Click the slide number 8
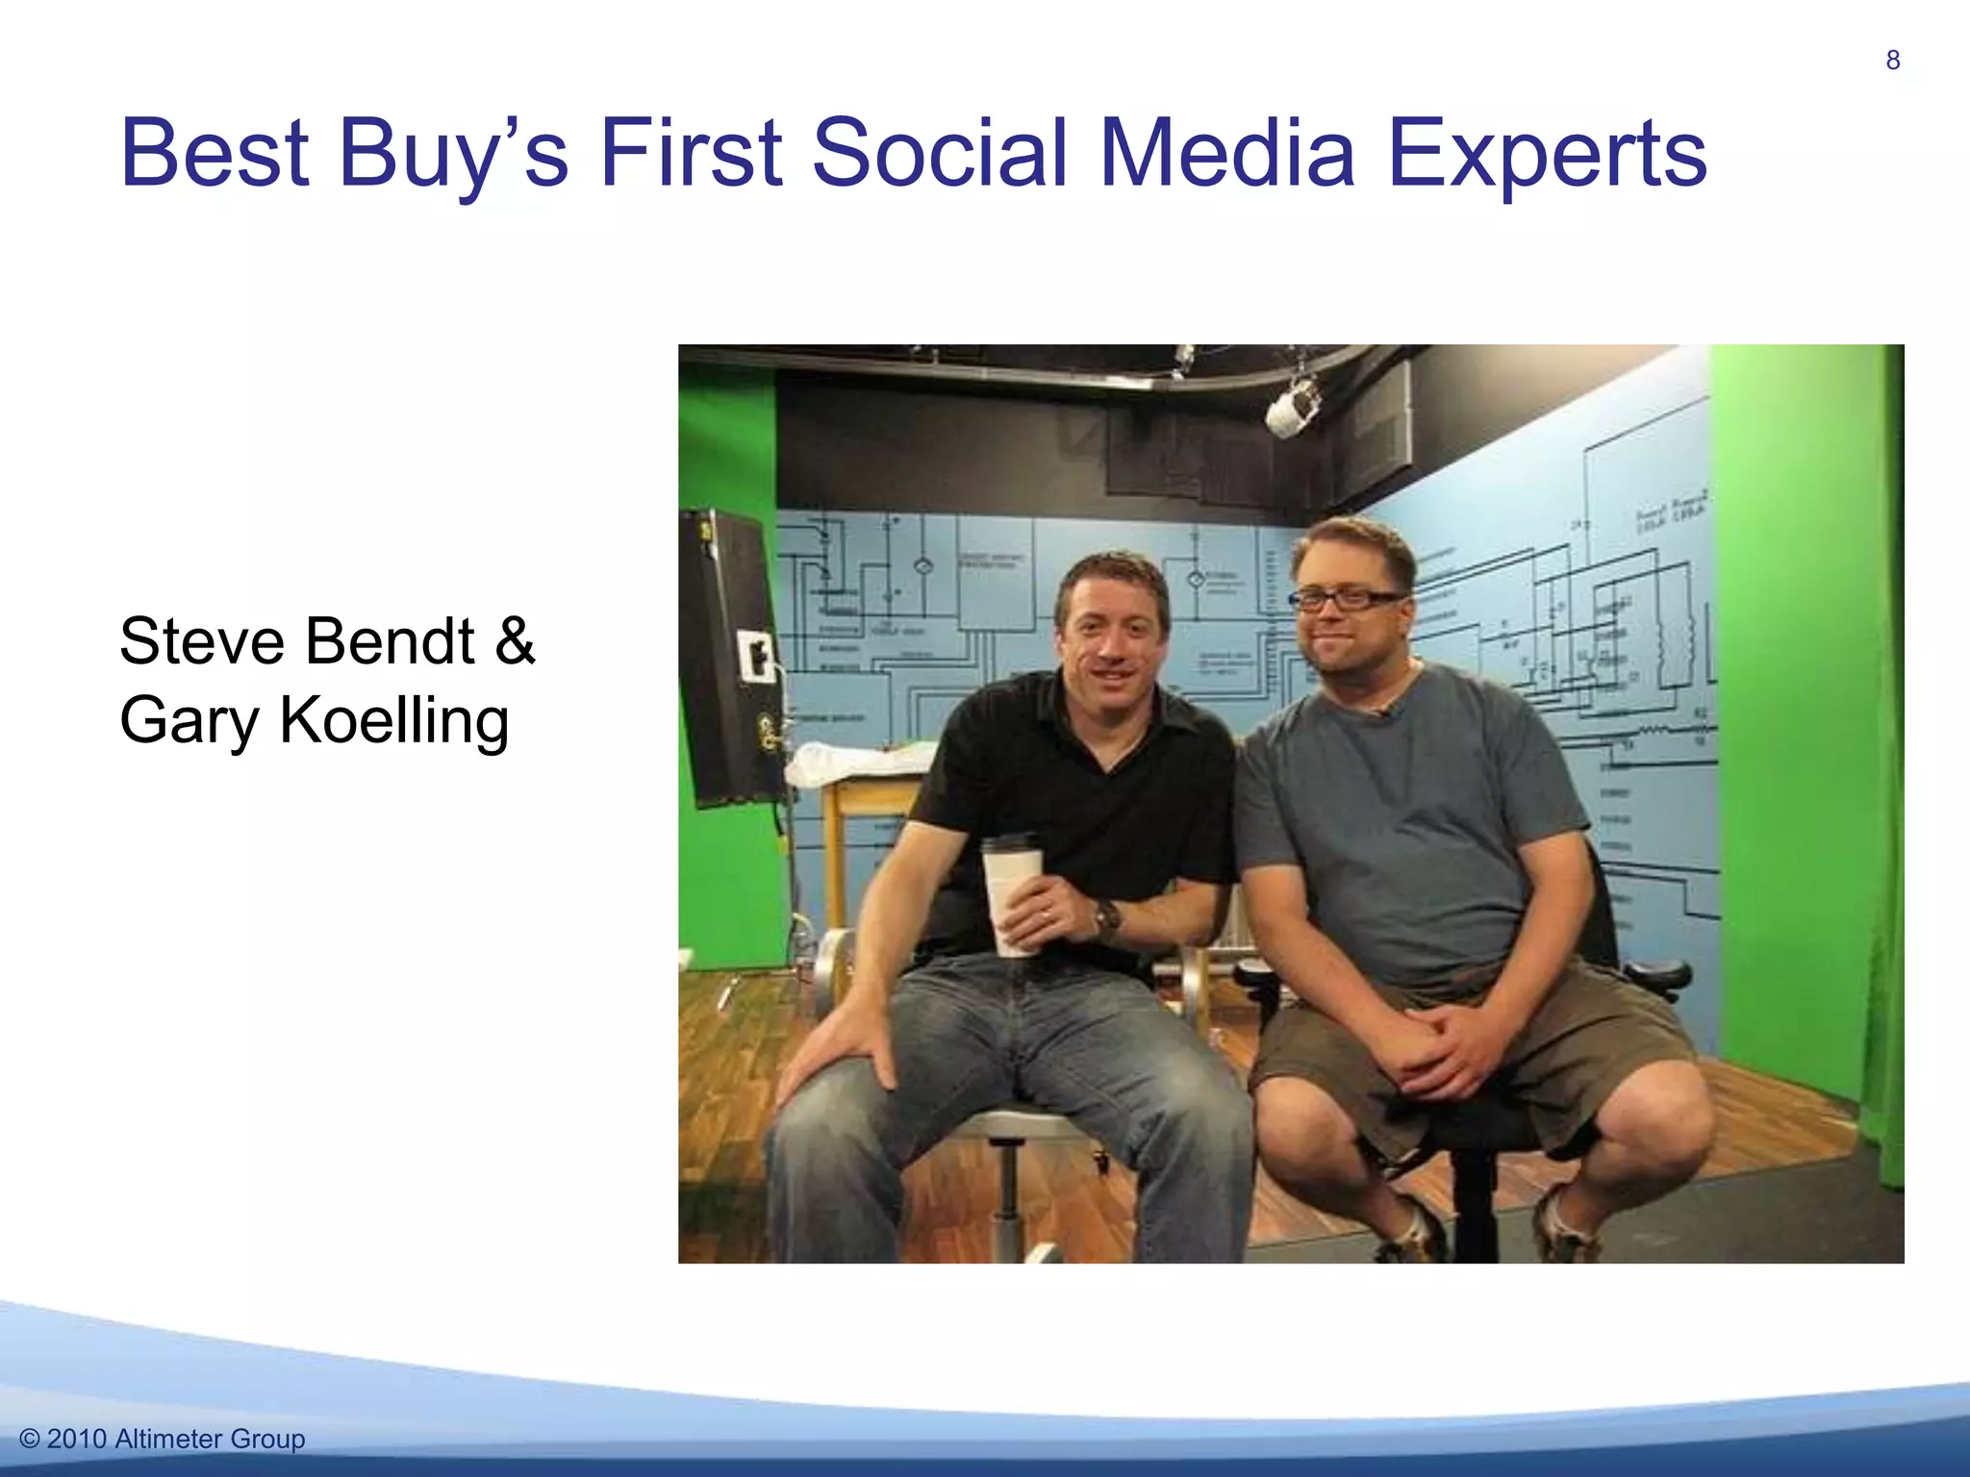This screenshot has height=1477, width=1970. (1892, 61)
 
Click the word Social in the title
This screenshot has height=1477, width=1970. (940, 154)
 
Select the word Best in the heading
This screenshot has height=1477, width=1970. (215, 154)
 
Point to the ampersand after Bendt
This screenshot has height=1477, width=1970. (515, 641)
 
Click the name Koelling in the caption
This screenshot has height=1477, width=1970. (393, 720)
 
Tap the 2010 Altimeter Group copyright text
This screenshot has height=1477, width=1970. (162, 1439)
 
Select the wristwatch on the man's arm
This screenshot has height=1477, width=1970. (1107, 918)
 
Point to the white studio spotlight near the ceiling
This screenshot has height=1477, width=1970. (1292, 408)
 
